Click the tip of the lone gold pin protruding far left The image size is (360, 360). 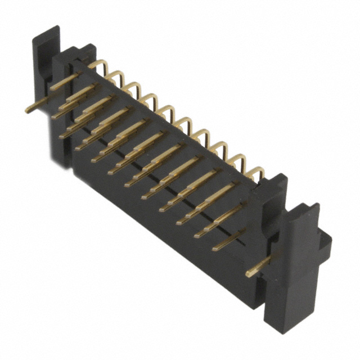click(27, 110)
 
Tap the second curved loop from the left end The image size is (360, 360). click(115, 75)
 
